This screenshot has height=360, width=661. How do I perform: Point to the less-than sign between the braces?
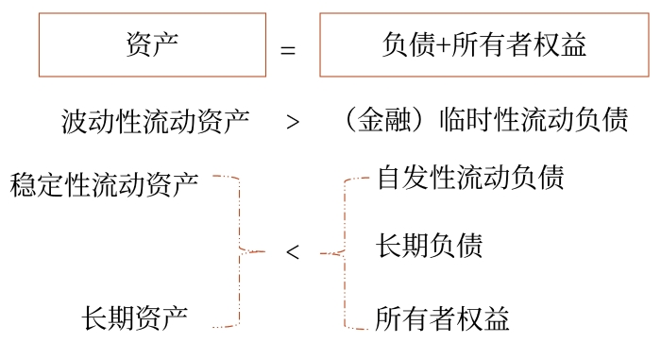point(293,252)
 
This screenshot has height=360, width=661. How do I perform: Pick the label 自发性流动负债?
point(470,178)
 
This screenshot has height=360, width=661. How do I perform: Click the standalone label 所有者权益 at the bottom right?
point(443,318)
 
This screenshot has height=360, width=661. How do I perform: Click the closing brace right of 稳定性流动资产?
point(241,251)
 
